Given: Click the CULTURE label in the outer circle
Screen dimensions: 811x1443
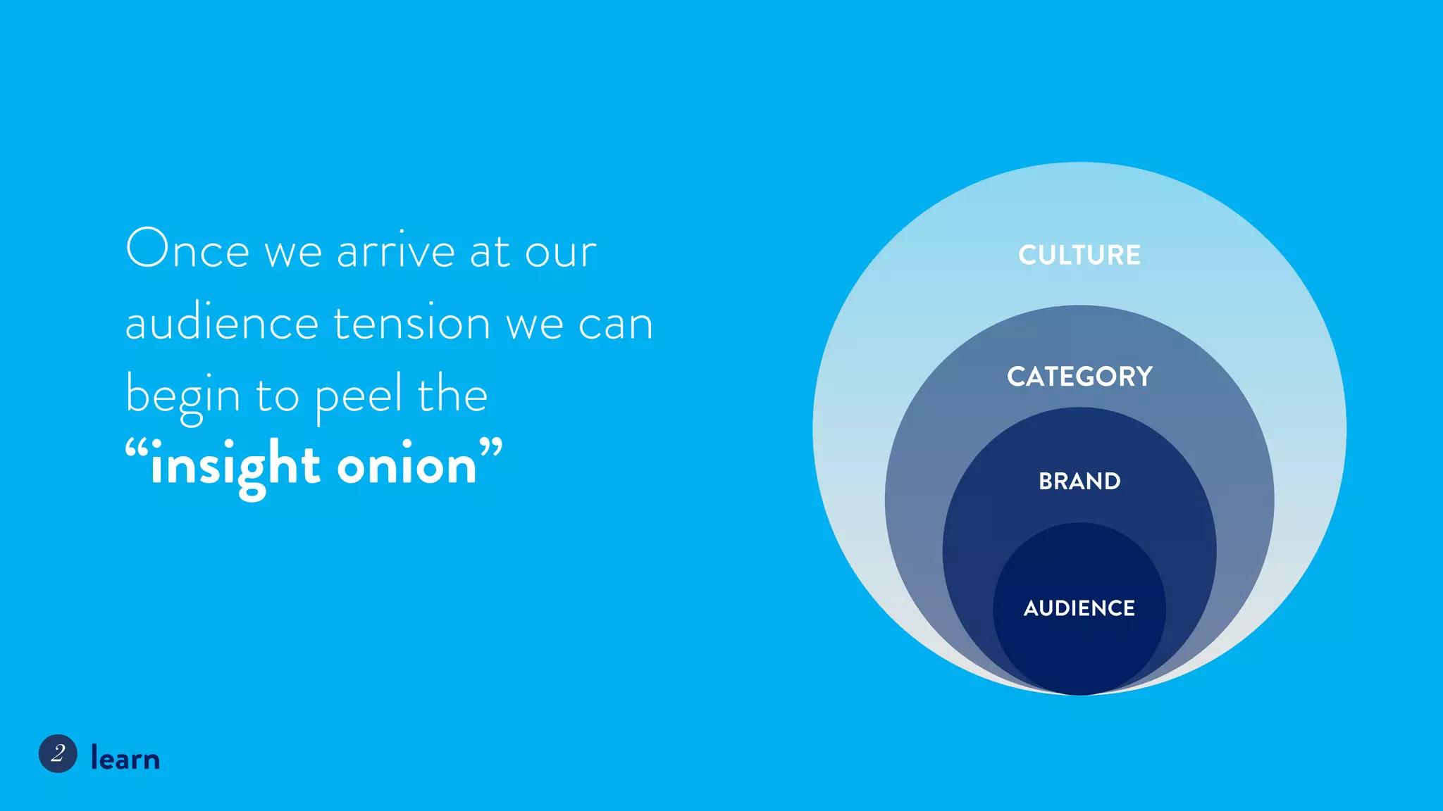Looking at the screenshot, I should pos(1079,255).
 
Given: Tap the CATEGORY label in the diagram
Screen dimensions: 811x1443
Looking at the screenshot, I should pos(1079,377).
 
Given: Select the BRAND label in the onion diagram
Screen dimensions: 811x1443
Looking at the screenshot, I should pos(1079,482).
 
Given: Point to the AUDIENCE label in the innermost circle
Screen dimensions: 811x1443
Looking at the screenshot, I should pos(1079,608).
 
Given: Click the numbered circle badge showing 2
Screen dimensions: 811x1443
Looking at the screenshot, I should pos(58,754).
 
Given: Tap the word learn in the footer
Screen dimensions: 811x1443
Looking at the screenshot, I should pos(125,758).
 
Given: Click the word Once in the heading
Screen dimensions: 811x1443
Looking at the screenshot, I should pos(187,249).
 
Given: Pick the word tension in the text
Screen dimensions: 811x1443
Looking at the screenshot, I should pos(411,324).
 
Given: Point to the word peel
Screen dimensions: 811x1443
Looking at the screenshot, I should pos(359,396).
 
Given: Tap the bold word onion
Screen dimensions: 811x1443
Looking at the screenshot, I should pos(407,466).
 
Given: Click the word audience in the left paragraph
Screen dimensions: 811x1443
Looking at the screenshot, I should pos(221,324).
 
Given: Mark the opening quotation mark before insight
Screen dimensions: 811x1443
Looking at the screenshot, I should pos(137,448).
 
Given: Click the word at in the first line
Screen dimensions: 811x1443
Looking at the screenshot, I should pos(489,252).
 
